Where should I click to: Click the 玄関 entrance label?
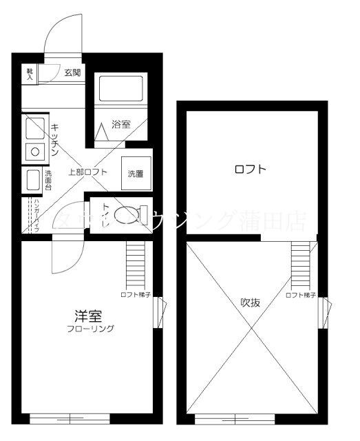pyautogui.click(x=72, y=72)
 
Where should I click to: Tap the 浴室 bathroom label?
pyautogui.click(x=121, y=125)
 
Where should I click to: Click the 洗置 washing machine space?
pyautogui.click(x=135, y=174)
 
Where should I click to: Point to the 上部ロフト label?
pyautogui.click(x=87, y=172)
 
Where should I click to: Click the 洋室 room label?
pyautogui.click(x=89, y=316)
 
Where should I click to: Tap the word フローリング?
pyautogui.click(x=90, y=329)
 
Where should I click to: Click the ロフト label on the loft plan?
pyautogui.click(x=250, y=170)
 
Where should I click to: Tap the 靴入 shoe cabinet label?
pyautogui.click(x=30, y=74)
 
